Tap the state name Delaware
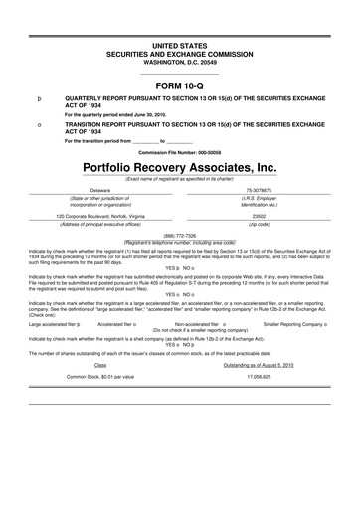coord(101,189)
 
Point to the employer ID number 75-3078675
coord(260,189)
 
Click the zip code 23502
coord(260,216)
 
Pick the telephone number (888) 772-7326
coord(180,235)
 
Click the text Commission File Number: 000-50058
coord(180,151)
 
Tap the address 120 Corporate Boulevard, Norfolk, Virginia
coord(101,216)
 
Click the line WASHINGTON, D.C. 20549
coord(180,65)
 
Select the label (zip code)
coord(260,224)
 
